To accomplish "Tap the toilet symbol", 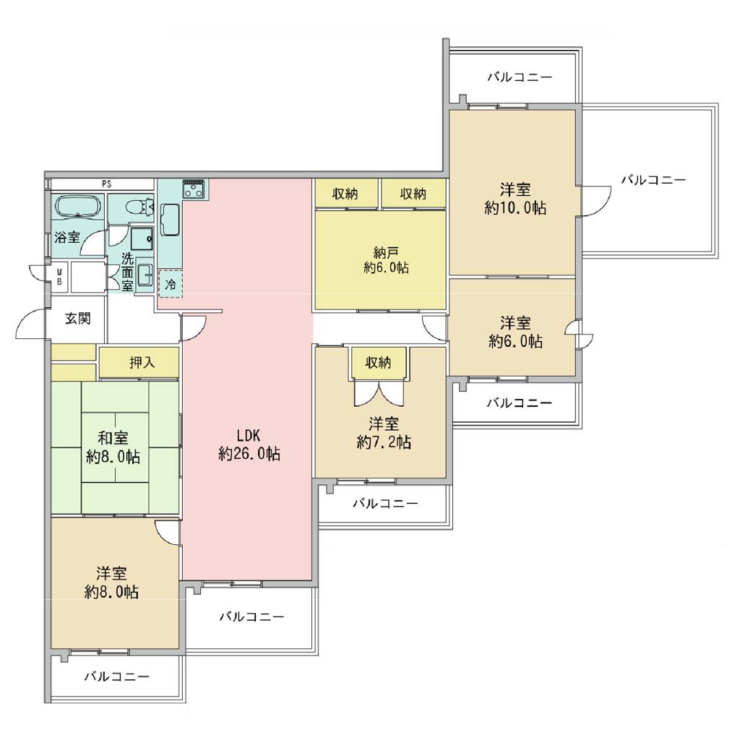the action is (x=141, y=206).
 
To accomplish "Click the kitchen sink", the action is (x=170, y=220).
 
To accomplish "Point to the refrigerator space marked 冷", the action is (x=171, y=284).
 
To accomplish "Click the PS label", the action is (x=107, y=184).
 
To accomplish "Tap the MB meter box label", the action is (x=59, y=277).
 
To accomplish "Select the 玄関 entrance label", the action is (x=78, y=319).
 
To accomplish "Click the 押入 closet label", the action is (x=142, y=363).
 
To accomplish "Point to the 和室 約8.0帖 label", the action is (x=113, y=447).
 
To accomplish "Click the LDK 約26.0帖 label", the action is (x=249, y=444).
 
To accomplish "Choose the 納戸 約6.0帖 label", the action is (x=386, y=260).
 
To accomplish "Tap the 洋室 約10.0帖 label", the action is (x=515, y=199).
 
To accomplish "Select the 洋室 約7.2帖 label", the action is (x=384, y=433).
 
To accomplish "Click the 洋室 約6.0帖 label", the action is (x=515, y=332).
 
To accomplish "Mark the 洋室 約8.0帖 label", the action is (x=111, y=583).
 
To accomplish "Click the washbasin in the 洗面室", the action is (x=145, y=275).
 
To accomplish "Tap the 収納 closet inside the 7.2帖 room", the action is (x=379, y=363).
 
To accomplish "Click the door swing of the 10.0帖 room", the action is (x=595, y=202).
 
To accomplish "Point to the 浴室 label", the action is (x=67, y=237).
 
